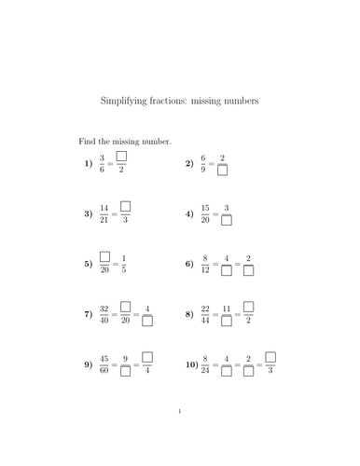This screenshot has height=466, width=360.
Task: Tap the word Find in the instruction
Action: (87, 141)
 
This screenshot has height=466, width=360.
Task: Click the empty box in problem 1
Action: (121, 157)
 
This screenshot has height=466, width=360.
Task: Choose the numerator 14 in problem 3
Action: (103, 207)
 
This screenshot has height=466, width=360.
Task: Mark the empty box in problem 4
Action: (226, 221)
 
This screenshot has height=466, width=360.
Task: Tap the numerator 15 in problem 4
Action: (205, 207)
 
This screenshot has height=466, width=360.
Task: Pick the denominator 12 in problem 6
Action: (205, 270)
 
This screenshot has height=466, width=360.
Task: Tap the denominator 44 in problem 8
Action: (205, 322)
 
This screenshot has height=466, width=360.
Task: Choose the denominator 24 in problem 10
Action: (205, 372)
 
